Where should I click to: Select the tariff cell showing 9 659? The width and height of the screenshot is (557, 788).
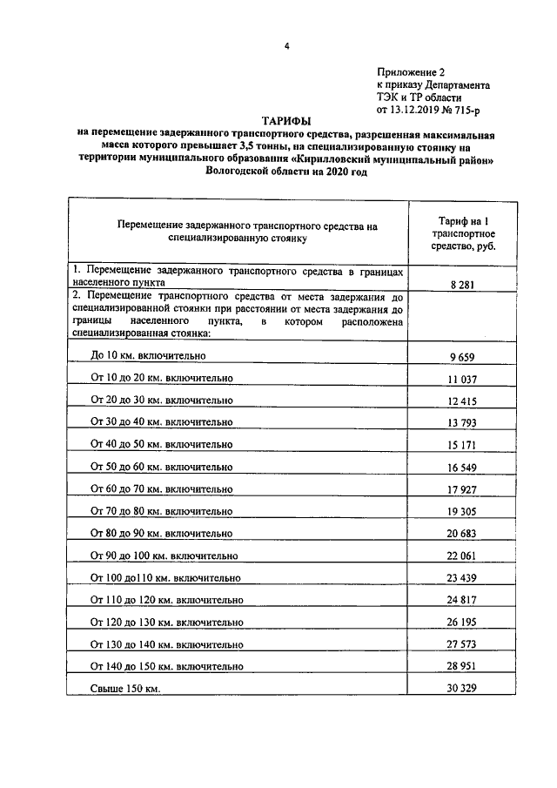(462, 356)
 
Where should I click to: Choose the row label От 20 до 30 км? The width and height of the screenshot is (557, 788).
(162, 400)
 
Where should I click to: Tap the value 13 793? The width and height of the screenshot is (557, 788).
(462, 423)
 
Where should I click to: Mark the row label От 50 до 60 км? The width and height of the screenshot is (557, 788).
(162, 467)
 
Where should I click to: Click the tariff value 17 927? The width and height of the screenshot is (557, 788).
(462, 489)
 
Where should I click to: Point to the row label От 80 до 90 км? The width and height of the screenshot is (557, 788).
(162, 533)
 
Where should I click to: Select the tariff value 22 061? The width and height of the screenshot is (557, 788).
(462, 556)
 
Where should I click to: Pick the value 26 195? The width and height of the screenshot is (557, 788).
(462, 623)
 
